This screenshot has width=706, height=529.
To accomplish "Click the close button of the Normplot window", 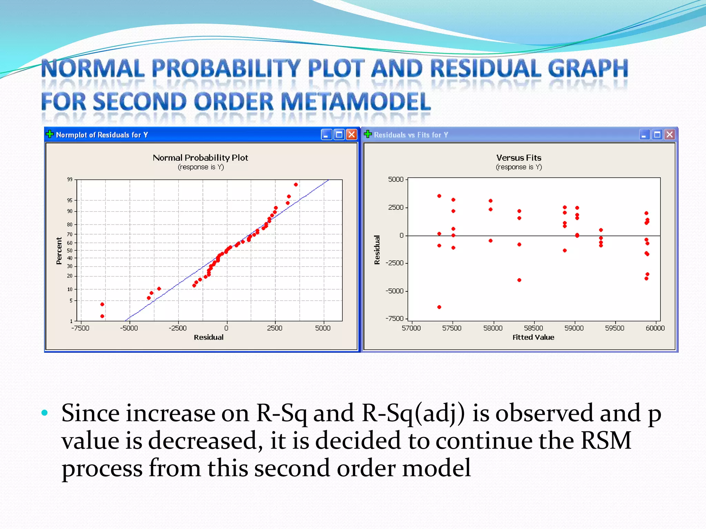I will click(x=351, y=135).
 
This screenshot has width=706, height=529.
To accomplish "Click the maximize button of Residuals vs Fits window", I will click(x=657, y=135).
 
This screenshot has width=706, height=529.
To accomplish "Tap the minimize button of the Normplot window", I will click(x=326, y=135).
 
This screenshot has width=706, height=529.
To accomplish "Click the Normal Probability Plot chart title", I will click(x=200, y=158).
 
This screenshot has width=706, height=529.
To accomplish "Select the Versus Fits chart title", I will click(x=518, y=158).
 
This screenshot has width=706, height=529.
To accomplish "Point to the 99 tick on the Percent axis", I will click(x=70, y=179).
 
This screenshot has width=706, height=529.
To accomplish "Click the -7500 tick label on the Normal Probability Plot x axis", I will click(x=80, y=328).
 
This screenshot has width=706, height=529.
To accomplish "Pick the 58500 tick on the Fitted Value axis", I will click(x=533, y=328).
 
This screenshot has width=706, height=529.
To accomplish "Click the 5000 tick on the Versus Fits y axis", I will click(x=395, y=179).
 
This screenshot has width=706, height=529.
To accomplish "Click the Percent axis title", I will click(x=59, y=251).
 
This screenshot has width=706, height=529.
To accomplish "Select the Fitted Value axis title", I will click(x=533, y=338).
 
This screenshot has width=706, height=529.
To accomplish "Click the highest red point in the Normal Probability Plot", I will click(x=296, y=185).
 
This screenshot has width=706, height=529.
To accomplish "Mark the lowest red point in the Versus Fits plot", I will click(x=439, y=307).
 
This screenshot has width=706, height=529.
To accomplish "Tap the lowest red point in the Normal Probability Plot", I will click(x=102, y=316).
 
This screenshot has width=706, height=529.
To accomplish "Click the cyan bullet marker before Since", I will click(x=44, y=413).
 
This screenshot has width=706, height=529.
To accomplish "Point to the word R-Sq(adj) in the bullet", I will click(x=413, y=413).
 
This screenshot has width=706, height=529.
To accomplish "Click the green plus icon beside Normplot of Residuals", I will click(x=50, y=134).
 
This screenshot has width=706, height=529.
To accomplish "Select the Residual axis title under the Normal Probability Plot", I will click(x=209, y=338).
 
